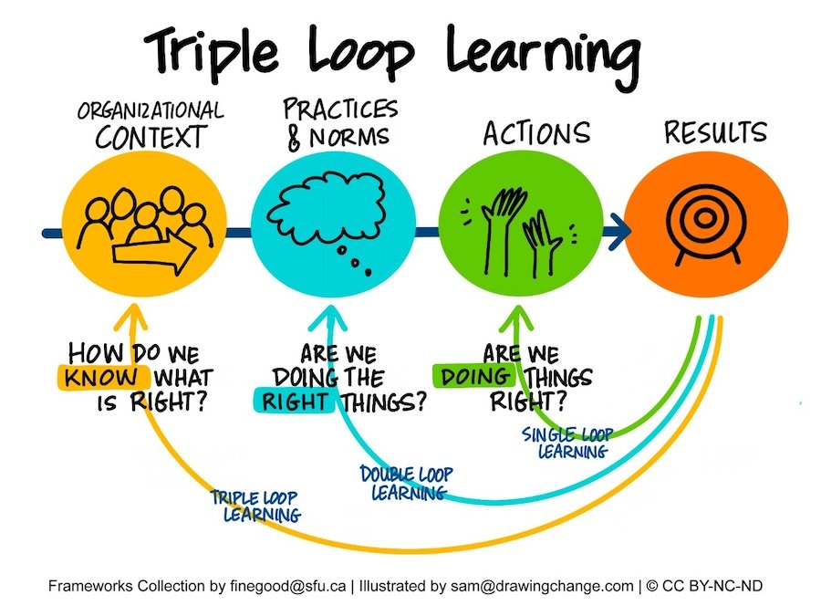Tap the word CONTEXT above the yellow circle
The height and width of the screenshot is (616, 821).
click(151, 137)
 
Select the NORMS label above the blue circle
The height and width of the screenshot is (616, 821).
click(349, 137)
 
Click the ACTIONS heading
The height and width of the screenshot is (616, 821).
click(536, 133)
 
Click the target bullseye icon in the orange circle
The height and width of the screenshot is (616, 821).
click(705, 223)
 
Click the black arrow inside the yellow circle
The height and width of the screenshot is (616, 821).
click(155, 252)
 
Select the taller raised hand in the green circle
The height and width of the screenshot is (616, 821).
click(501, 231)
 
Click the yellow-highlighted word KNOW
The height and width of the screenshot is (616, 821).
click(100, 377)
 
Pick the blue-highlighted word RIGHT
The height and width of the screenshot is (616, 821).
click(295, 402)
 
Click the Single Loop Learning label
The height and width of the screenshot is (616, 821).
click(568, 443)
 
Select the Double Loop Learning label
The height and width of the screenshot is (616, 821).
click(407, 483)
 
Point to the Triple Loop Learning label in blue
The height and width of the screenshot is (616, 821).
click(256, 506)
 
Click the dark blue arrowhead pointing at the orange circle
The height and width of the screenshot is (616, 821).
click(619, 232)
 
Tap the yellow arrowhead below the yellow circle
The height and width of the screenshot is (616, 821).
click(131, 317)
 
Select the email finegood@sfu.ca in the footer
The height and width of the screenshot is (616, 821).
click(287, 586)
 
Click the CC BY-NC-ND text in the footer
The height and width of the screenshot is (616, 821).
click(712, 586)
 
